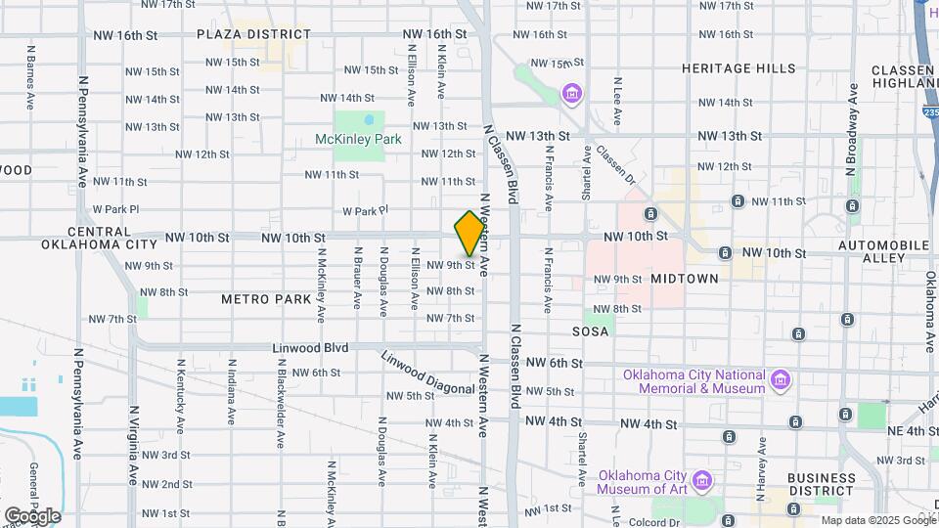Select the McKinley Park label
[358, 140]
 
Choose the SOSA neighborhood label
[590, 332]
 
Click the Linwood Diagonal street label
[427, 373]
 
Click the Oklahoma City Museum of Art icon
[701, 480]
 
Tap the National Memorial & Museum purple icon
[780, 378]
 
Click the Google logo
[31, 516]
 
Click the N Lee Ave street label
[617, 102]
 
